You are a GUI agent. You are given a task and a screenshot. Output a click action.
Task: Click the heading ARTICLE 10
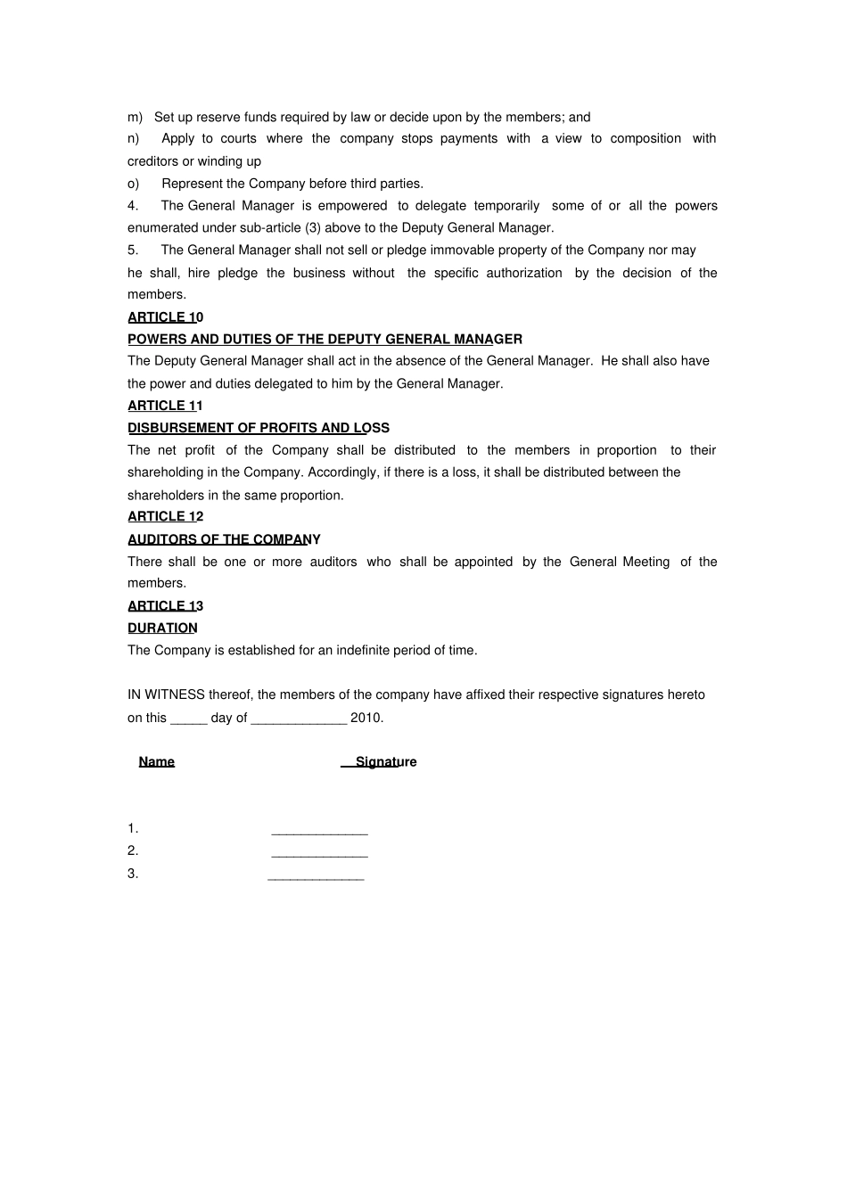165,317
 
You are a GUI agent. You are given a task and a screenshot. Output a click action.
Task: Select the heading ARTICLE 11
165,406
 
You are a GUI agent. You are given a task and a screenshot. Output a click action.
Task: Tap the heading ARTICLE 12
165,517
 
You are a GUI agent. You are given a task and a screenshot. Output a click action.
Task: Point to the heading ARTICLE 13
165,606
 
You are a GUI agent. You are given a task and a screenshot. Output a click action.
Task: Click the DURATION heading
162,628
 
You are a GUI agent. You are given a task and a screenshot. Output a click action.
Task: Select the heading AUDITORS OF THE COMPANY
224,539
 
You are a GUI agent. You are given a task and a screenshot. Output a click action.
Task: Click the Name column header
157,762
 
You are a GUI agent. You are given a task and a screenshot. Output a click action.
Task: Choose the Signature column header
385,762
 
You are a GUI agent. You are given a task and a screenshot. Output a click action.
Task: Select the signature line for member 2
319,855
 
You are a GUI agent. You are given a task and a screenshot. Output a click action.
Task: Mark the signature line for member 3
316,878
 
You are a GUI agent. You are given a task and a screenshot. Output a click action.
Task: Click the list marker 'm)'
135,118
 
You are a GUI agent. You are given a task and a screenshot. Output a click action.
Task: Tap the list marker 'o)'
134,184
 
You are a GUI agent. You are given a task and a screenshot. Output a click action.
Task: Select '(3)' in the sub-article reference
313,228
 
